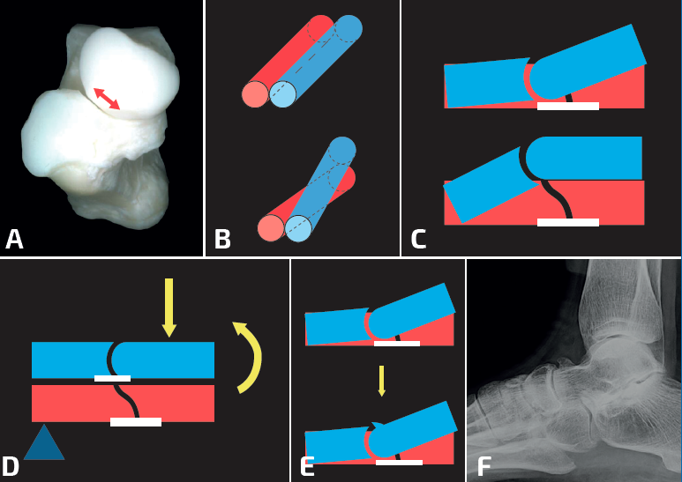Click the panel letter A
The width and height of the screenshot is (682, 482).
click(14, 239)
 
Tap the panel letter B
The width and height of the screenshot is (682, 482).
click(222, 239)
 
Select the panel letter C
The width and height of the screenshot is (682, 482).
click(418, 239)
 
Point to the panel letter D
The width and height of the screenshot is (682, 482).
click(11, 466)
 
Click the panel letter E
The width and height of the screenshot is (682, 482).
click(307, 466)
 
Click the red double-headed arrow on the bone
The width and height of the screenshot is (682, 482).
click(108, 99)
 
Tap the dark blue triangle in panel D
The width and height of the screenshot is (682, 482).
click(44, 444)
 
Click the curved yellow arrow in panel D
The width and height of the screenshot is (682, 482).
click(251, 356)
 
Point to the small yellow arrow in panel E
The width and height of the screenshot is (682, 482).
click(381, 381)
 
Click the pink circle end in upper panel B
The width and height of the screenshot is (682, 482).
click(255, 94)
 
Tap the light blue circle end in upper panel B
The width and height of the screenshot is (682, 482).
click(282, 94)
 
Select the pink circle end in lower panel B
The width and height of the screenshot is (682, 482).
click(271, 229)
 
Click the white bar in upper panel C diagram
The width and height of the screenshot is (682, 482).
click(567, 106)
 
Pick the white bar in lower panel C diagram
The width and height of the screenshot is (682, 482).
click(567, 222)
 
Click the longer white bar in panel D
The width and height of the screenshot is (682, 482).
click(136, 422)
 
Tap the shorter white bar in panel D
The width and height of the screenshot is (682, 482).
click(112, 379)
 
